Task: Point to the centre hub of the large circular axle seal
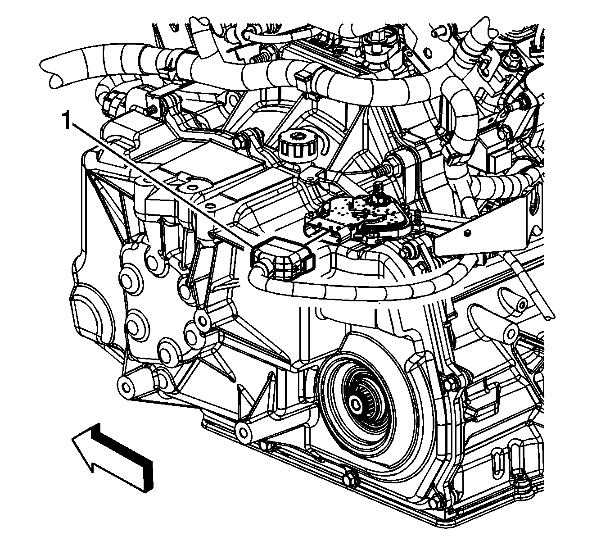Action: coord(355,404)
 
